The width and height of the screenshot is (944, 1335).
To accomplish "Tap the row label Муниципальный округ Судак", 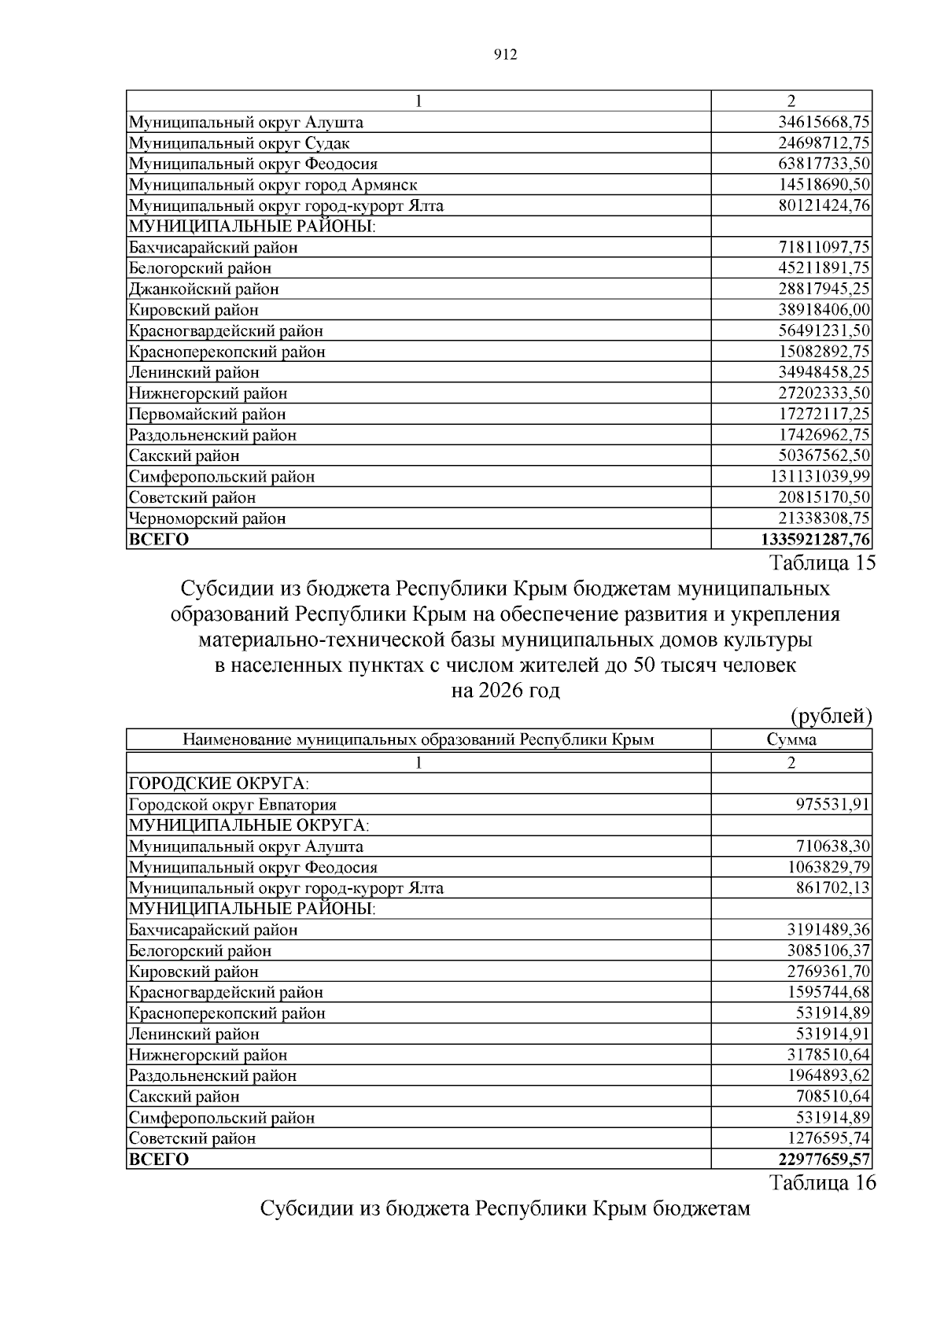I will click(239, 143).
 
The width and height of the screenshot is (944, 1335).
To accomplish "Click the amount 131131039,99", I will click(820, 477).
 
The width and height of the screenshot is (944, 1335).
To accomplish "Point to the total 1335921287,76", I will click(816, 540).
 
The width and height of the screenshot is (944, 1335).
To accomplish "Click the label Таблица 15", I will click(822, 563).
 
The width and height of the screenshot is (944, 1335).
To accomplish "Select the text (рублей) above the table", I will click(831, 716).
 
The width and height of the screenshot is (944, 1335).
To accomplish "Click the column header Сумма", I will click(791, 739).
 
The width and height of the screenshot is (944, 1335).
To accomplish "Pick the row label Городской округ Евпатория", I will click(232, 805).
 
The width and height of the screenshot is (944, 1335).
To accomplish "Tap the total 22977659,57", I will click(824, 1160).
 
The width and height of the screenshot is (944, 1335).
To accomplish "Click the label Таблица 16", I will click(822, 1183).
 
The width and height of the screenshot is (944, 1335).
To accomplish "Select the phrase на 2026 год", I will click(505, 691).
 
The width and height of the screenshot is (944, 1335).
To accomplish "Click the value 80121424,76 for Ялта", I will click(824, 206).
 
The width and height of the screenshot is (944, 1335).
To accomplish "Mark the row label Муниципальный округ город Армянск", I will click(272, 185).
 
